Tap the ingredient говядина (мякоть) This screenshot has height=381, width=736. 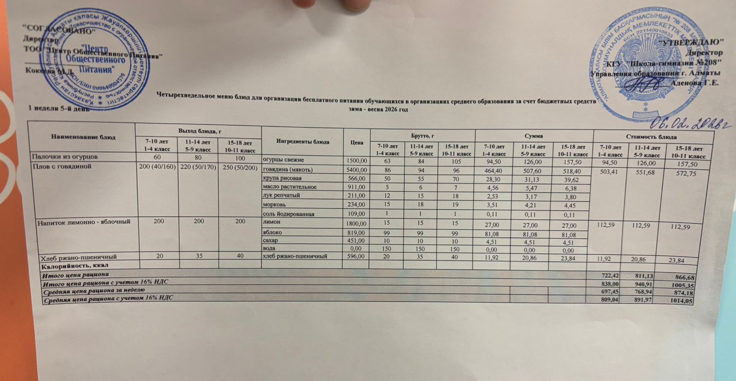tap(287, 170)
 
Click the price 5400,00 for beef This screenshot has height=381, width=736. tap(356, 170)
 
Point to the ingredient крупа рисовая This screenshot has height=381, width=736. tap(282, 178)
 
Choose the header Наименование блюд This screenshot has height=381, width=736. tap(83, 137)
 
